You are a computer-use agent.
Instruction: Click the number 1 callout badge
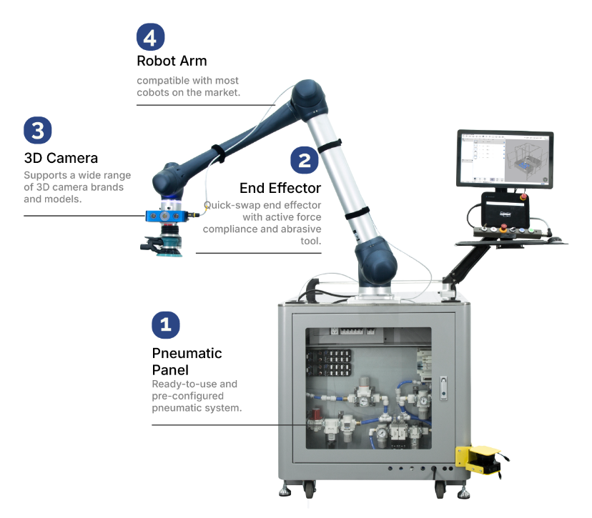tap(166, 325)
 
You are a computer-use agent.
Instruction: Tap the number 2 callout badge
tap(304, 160)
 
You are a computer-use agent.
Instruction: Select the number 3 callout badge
tap(38, 130)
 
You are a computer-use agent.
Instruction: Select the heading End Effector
tap(280, 188)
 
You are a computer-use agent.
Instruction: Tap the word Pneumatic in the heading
tap(187, 353)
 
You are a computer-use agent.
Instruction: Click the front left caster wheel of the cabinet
tap(309, 489)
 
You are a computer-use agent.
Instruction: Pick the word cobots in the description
tap(155, 93)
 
